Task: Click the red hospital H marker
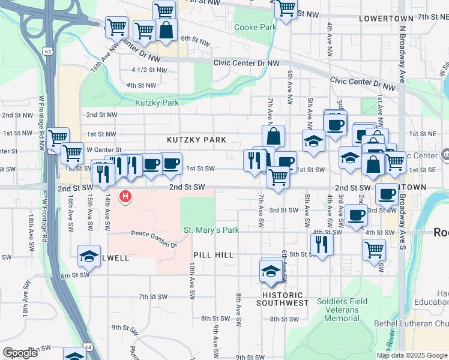(125, 196)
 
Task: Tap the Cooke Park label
(255, 27)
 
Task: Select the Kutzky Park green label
(157, 103)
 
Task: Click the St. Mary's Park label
(211, 230)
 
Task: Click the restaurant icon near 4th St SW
(322, 244)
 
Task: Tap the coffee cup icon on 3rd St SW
(357, 214)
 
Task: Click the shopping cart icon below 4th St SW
(375, 248)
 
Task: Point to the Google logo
(20, 353)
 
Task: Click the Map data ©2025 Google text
(411, 355)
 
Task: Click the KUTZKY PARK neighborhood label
(196, 140)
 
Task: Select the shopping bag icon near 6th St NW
(166, 29)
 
